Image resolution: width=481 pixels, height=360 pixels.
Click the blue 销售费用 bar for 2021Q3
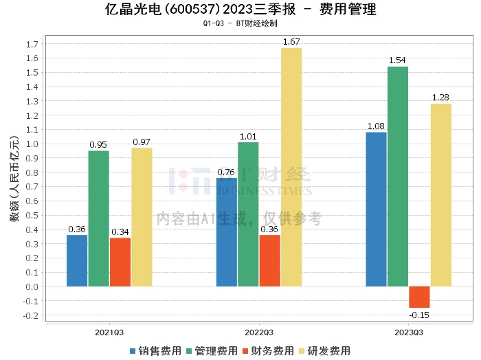[77, 260]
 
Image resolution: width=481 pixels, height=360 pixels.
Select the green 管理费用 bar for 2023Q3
[398, 177]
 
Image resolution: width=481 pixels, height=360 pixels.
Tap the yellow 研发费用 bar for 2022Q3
[291, 167]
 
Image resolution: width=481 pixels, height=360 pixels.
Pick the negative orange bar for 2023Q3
[419, 297]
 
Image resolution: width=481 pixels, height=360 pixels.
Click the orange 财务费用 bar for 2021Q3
[120, 262]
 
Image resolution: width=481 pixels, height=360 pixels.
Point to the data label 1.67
[291, 42]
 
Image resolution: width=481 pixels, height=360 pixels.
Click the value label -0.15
[419, 315]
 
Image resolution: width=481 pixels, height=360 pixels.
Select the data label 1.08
[376, 126]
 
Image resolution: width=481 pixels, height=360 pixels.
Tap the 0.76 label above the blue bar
[226, 172]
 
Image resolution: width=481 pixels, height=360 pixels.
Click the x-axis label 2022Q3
[259, 333]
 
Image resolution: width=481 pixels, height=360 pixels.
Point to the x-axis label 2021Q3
[109, 333]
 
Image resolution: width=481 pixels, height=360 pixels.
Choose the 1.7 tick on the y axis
[32, 44]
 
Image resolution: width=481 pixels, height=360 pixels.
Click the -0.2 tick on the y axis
[31, 315]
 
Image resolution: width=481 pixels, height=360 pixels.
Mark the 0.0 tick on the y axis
[32, 286]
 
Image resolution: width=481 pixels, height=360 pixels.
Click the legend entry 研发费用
[325, 351]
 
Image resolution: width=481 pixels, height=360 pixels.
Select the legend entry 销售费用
[156, 351]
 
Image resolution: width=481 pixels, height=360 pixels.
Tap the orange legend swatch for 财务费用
[245, 351]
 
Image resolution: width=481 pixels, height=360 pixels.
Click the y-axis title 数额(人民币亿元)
[14, 179]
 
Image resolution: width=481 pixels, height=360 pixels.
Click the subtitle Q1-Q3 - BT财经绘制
[240, 23]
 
